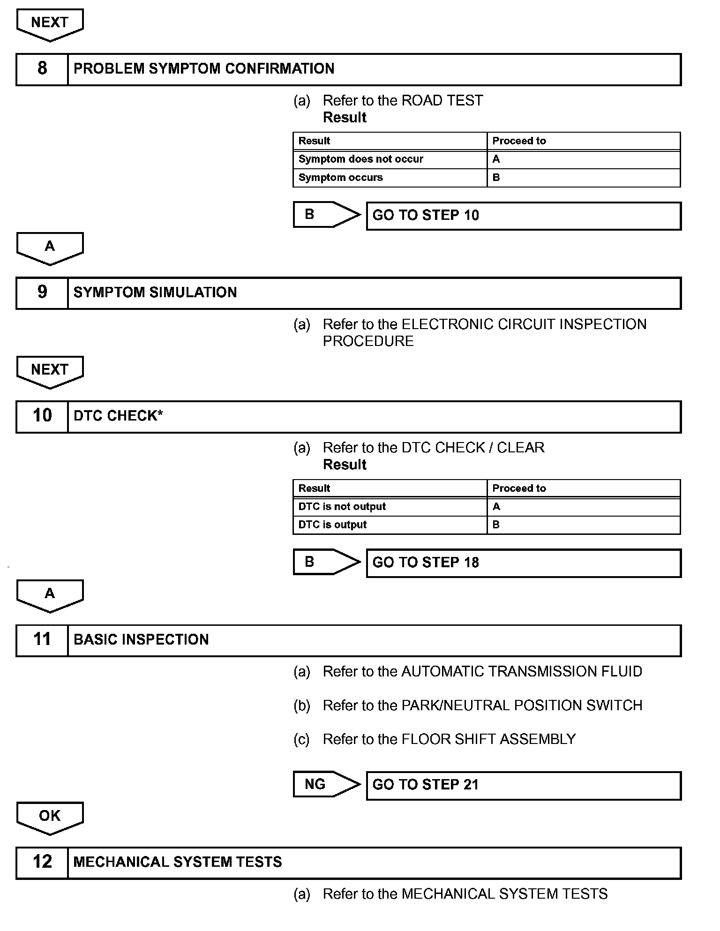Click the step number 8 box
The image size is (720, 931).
click(42, 69)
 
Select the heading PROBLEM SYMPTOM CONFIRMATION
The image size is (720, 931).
click(204, 69)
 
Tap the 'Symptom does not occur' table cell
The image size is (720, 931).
click(360, 159)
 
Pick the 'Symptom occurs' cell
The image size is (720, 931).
click(341, 178)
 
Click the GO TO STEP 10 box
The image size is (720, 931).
click(523, 216)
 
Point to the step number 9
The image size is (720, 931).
click(42, 293)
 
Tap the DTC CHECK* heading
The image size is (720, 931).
click(118, 416)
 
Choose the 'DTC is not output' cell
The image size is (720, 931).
click(342, 507)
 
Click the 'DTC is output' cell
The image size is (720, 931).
click(332, 525)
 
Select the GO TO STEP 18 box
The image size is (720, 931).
click(523, 563)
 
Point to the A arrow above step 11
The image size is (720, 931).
click(50, 595)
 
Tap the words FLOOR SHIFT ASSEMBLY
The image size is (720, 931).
click(488, 739)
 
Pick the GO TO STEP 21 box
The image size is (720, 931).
click(523, 785)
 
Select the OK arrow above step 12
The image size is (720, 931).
click(50, 817)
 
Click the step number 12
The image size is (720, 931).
click(42, 862)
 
